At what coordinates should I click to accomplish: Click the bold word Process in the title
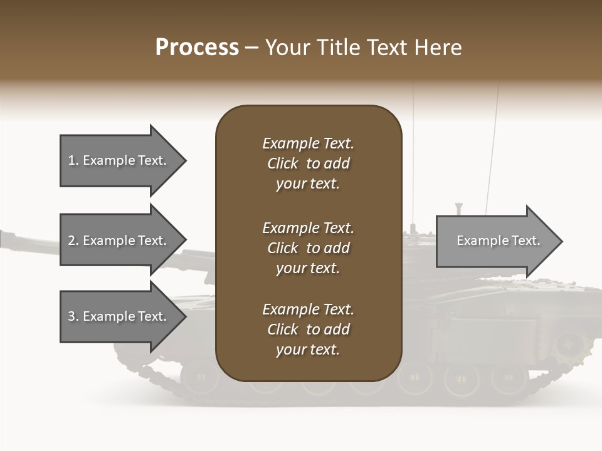point(197,48)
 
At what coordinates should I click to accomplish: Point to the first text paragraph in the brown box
point(308,163)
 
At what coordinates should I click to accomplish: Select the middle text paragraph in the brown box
point(308,248)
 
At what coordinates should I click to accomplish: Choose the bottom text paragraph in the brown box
point(308,329)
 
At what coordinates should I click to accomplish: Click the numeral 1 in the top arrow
point(71,160)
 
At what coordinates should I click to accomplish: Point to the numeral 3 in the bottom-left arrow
point(71,316)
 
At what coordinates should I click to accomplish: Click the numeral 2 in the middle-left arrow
point(71,241)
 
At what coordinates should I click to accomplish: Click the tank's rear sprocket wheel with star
point(569,344)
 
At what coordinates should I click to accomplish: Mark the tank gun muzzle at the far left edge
point(5,239)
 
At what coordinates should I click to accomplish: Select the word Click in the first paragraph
point(283,163)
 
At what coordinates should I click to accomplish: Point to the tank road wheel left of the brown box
point(198,376)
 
